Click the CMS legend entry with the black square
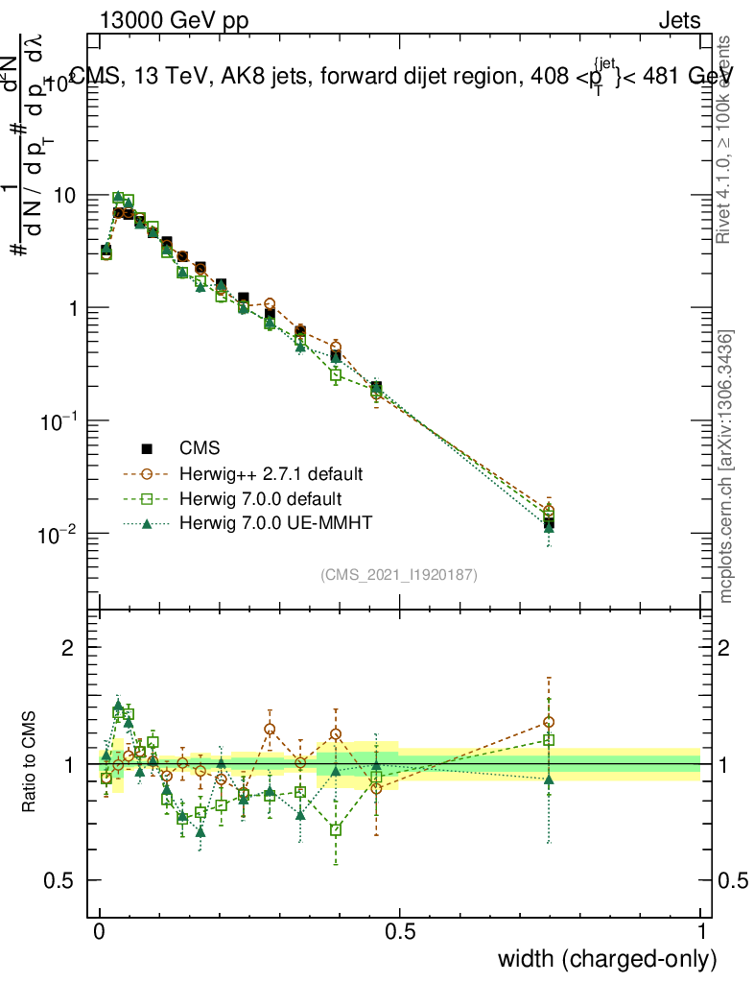(x=200, y=447)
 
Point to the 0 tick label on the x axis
(x=100, y=932)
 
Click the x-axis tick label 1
(x=700, y=932)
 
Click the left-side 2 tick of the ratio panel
(x=68, y=648)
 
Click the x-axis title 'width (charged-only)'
(x=607, y=958)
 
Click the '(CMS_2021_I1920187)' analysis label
(x=399, y=574)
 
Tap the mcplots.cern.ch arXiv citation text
(x=726, y=467)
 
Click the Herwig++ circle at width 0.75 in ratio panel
(x=549, y=722)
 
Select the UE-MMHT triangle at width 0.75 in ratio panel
(x=549, y=779)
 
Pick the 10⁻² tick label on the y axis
(x=58, y=534)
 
